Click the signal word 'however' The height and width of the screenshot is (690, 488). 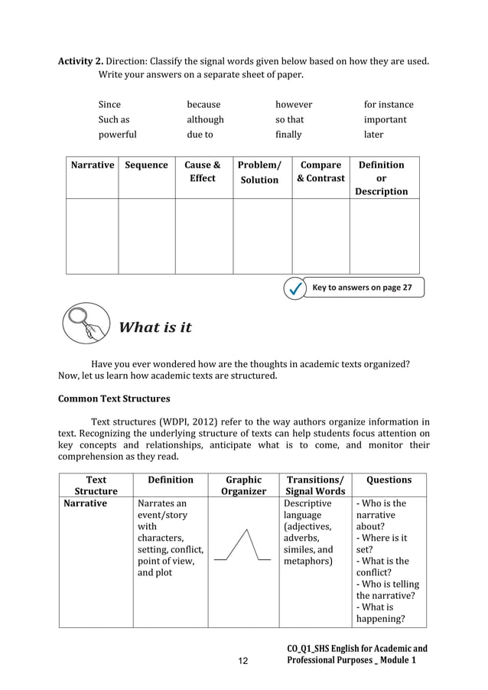click(x=294, y=104)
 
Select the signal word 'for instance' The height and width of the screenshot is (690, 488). click(x=389, y=104)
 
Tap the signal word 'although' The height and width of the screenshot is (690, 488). click(x=206, y=119)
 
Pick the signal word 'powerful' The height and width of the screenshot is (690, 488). click(x=117, y=135)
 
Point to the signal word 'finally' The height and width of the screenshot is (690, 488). click(x=288, y=135)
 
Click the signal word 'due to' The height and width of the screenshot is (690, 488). click(x=200, y=135)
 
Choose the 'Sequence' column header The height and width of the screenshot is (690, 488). click(x=146, y=165)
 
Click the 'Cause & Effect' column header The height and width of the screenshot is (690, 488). click(x=203, y=171)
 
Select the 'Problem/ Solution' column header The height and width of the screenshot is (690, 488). click(x=260, y=172)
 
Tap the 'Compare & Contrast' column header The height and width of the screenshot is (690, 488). click(x=320, y=171)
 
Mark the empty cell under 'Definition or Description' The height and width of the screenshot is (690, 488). click(x=385, y=236)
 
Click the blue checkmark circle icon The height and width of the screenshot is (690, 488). click(x=294, y=288)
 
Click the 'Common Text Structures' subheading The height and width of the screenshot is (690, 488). click(x=114, y=399)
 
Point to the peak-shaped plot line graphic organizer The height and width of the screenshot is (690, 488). click(x=242, y=545)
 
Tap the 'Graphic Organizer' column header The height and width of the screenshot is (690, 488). click(x=242, y=486)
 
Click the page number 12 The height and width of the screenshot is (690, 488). click(x=243, y=659)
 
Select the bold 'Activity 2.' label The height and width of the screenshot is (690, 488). click(x=81, y=60)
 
